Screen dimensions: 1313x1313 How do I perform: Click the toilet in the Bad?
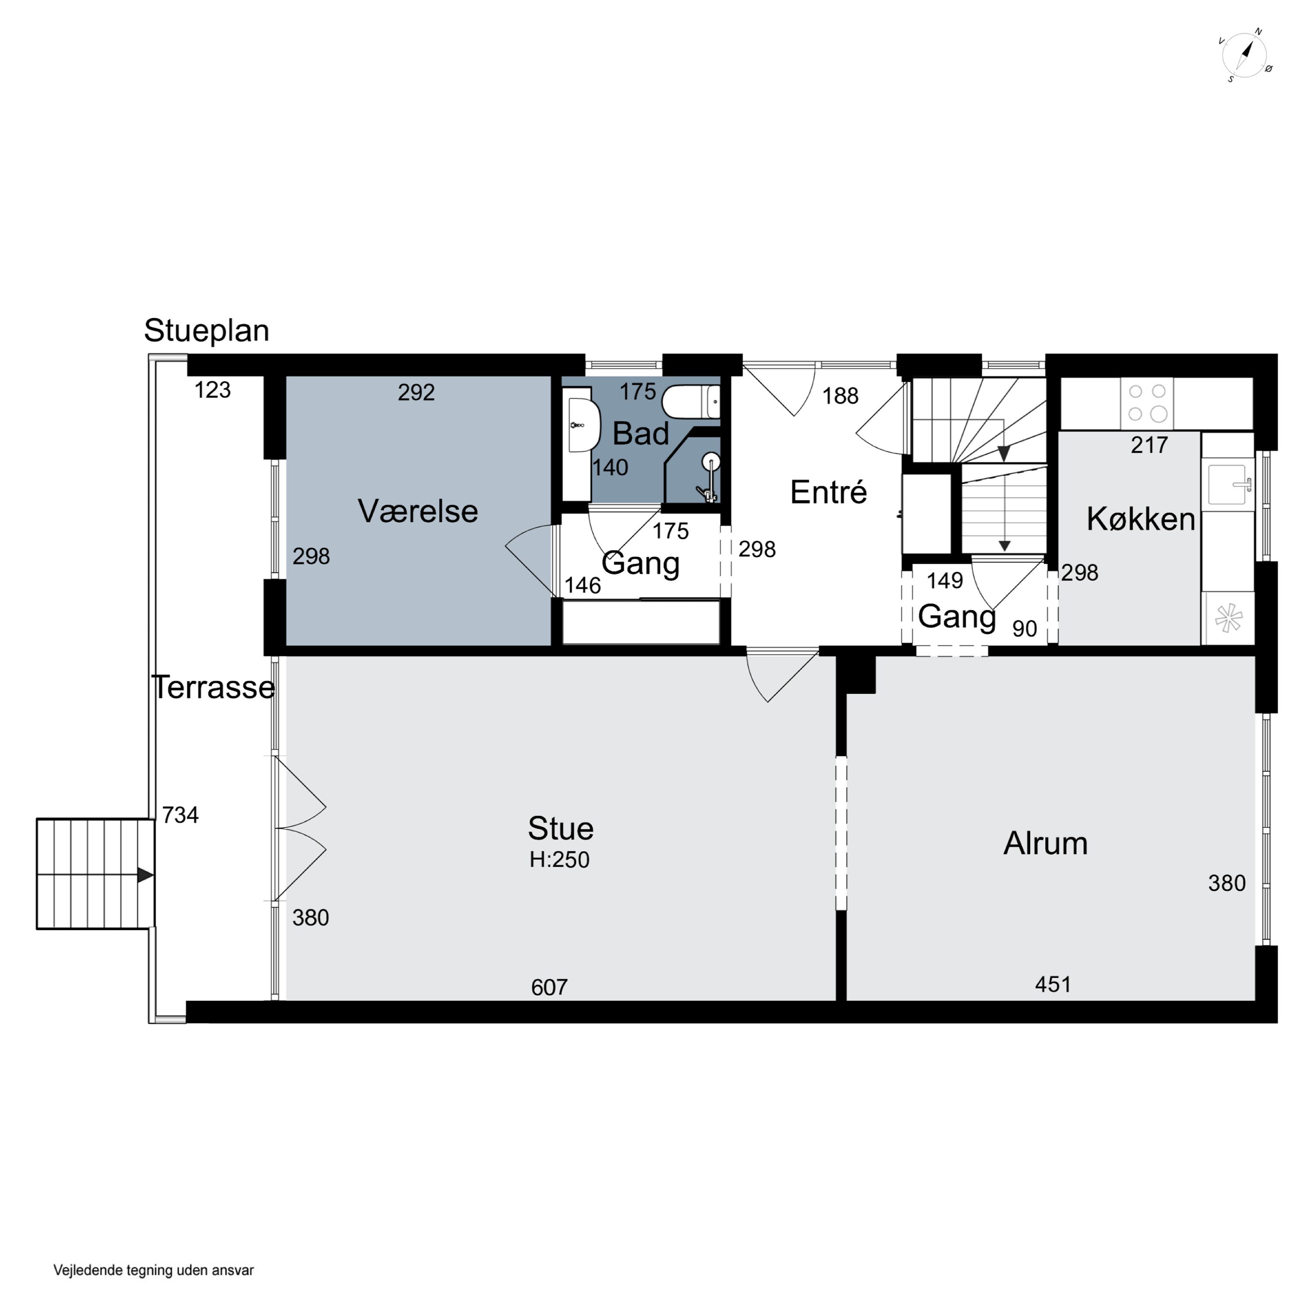click(x=691, y=402)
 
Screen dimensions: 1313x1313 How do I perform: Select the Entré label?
click(x=829, y=492)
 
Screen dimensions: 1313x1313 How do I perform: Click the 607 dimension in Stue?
click(x=549, y=987)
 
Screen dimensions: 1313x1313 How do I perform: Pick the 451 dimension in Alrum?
click(x=1053, y=984)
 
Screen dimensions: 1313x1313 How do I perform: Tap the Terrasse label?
click(x=214, y=687)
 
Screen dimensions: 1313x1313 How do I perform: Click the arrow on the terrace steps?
click(x=145, y=874)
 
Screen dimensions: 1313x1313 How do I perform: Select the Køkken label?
click(x=1141, y=519)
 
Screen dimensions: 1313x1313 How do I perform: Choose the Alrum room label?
click(x=1045, y=843)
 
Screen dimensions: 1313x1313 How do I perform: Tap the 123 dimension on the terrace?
click(x=213, y=390)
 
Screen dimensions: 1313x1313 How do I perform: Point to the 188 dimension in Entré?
click(x=841, y=396)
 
